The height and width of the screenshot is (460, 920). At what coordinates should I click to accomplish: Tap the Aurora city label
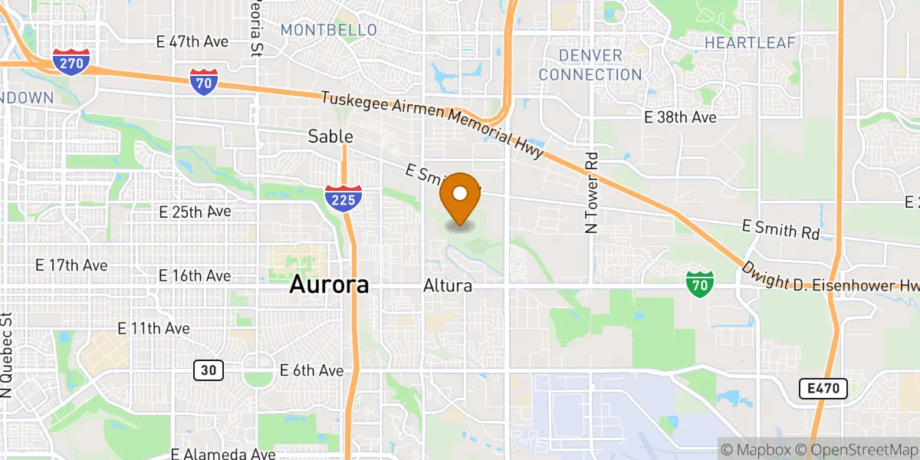[x=329, y=285]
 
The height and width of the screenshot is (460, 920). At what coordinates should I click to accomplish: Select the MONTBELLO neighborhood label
[x=329, y=30]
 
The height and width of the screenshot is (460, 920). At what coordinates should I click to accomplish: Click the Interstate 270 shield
[x=71, y=62]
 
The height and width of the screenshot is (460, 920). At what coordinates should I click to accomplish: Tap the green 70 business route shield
[x=699, y=284]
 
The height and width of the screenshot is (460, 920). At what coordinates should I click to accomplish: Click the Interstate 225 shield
[x=343, y=198]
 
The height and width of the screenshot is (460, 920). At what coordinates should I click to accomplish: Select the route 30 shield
[x=208, y=370]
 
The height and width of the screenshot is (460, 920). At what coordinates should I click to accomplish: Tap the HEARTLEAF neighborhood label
[x=750, y=43]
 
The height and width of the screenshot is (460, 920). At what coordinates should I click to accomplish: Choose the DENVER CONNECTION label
[x=590, y=65]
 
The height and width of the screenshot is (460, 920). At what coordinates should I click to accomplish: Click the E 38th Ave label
[x=680, y=117]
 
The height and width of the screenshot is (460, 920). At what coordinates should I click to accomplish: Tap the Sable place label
[x=330, y=136]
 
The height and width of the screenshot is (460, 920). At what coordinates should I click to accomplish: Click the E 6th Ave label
[x=312, y=370]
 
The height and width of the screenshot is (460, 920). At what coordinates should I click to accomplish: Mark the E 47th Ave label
[x=192, y=41]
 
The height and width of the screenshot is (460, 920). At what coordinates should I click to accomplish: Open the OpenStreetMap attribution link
[x=856, y=449]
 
